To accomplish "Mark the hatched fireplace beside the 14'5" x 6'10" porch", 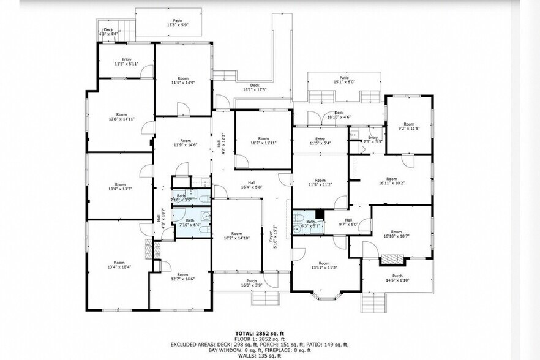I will [x=389, y=260].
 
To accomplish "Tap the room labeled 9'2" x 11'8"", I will [x=408, y=126].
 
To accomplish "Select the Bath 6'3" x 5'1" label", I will [x=310, y=223].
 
